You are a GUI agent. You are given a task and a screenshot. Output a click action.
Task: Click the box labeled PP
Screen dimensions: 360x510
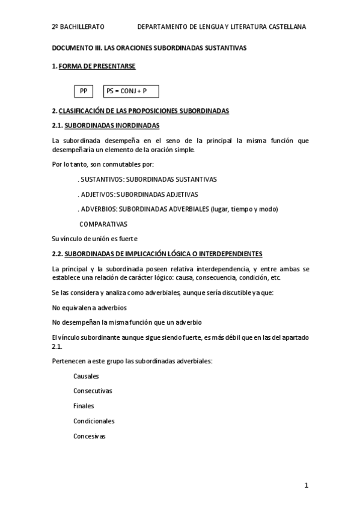[84, 91]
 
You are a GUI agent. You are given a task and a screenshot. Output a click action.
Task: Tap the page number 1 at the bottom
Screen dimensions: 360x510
[306, 485]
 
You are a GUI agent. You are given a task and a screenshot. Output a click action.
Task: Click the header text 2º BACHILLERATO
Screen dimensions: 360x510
[78, 27]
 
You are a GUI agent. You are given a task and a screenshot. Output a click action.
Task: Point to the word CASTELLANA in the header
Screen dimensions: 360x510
[284, 27]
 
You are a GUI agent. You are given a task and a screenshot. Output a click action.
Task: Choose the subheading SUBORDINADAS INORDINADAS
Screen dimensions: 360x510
[112, 126]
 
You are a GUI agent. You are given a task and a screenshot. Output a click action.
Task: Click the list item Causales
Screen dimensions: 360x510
[86, 376]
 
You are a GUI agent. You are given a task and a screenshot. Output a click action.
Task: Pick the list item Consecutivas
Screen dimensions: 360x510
[93, 391]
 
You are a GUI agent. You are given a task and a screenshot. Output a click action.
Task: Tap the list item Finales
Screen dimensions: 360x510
[84, 406]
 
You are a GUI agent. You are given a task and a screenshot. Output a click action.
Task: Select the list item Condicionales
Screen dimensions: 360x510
[94, 421]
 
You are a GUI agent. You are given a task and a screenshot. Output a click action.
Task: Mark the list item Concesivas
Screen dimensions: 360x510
[89, 436]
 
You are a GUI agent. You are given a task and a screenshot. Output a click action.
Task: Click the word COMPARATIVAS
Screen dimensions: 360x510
[103, 224]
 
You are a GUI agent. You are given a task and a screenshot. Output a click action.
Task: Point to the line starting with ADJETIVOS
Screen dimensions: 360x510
[138, 194]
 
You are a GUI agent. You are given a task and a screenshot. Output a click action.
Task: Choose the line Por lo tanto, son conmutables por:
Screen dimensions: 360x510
[103, 164]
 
